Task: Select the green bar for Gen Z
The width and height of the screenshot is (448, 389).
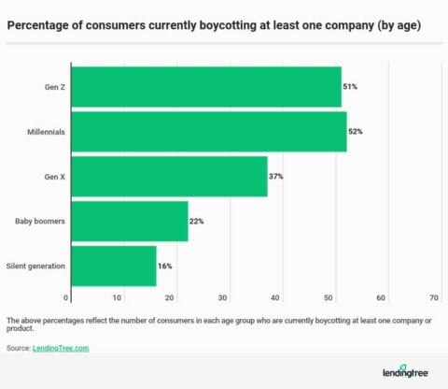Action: [x=206, y=87]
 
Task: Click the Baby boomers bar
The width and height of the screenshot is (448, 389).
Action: [x=130, y=221]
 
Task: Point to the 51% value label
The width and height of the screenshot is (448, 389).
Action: [x=350, y=87]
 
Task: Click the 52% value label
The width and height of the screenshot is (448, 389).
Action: [x=355, y=132]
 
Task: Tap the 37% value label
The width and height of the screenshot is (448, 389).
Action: [x=276, y=176]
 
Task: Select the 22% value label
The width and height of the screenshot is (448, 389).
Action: [x=197, y=221]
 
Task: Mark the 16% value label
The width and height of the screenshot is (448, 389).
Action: [x=165, y=266]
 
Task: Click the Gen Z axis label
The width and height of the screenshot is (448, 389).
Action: [x=52, y=87]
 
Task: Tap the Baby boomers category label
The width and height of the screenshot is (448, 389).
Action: [x=40, y=221]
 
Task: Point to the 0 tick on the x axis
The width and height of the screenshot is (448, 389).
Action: [x=66, y=297]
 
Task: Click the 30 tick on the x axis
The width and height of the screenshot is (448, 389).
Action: [x=224, y=297]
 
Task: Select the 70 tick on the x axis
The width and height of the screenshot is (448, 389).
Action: [x=434, y=297]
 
